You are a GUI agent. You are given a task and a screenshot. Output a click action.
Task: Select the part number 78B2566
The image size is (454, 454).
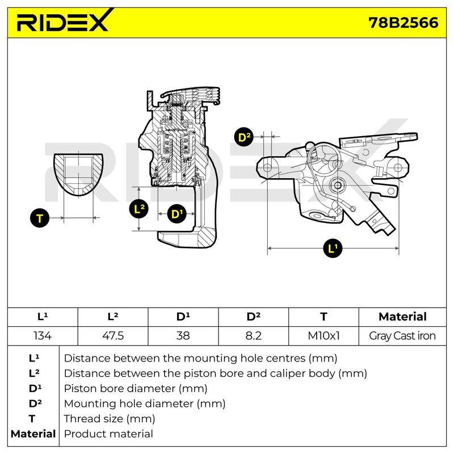[403, 23]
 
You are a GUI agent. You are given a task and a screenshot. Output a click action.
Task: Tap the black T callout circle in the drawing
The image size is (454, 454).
[40, 218]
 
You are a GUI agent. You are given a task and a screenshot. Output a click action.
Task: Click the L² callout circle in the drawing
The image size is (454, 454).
[139, 208]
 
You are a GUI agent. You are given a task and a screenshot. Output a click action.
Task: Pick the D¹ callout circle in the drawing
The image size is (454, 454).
[176, 214]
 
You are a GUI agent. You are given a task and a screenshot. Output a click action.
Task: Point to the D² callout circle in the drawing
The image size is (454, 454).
[244, 137]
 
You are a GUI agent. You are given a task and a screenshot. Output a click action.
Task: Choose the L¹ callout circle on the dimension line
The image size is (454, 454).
[333, 248]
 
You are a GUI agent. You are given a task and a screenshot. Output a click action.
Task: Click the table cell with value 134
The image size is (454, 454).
[43, 336]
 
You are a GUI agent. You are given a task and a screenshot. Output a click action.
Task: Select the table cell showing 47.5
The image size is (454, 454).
[113, 336]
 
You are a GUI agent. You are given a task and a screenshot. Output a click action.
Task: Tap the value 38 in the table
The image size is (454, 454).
[183, 336]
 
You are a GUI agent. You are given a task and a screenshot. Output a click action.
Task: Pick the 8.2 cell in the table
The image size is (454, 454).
[253, 336]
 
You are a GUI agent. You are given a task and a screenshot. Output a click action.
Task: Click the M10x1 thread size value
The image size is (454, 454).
[323, 336]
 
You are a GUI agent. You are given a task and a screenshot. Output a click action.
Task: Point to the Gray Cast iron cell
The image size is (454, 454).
[402, 336]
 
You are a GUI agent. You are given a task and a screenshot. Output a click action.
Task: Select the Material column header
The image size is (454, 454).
[402, 317]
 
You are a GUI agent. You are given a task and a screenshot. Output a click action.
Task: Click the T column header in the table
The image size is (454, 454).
[323, 317]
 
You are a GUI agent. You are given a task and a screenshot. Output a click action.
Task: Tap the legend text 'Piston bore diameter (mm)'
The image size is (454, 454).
[136, 389]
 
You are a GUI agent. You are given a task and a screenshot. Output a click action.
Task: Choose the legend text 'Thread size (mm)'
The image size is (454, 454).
[110, 419]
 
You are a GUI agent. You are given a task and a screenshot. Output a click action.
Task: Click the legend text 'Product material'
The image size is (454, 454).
[108, 434]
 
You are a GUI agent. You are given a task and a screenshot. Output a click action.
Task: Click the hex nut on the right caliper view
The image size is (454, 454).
[337, 186]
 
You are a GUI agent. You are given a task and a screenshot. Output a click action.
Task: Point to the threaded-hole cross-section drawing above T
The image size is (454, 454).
[78, 175]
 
